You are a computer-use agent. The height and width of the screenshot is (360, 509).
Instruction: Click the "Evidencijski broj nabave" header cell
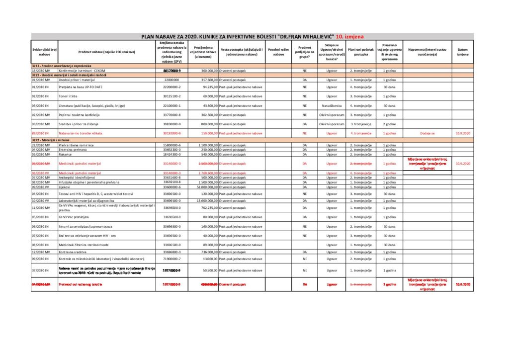(44, 52)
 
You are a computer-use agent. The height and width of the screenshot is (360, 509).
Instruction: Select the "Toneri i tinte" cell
(70, 96)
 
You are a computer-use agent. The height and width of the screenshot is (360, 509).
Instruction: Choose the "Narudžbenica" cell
(332, 105)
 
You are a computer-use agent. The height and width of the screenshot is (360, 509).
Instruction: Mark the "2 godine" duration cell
(389, 124)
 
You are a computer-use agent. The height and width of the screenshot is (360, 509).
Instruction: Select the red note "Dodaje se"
(427, 133)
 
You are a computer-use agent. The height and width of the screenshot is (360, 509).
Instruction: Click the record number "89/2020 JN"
(41, 133)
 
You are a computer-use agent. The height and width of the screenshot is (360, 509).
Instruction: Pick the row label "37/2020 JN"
(41, 270)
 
